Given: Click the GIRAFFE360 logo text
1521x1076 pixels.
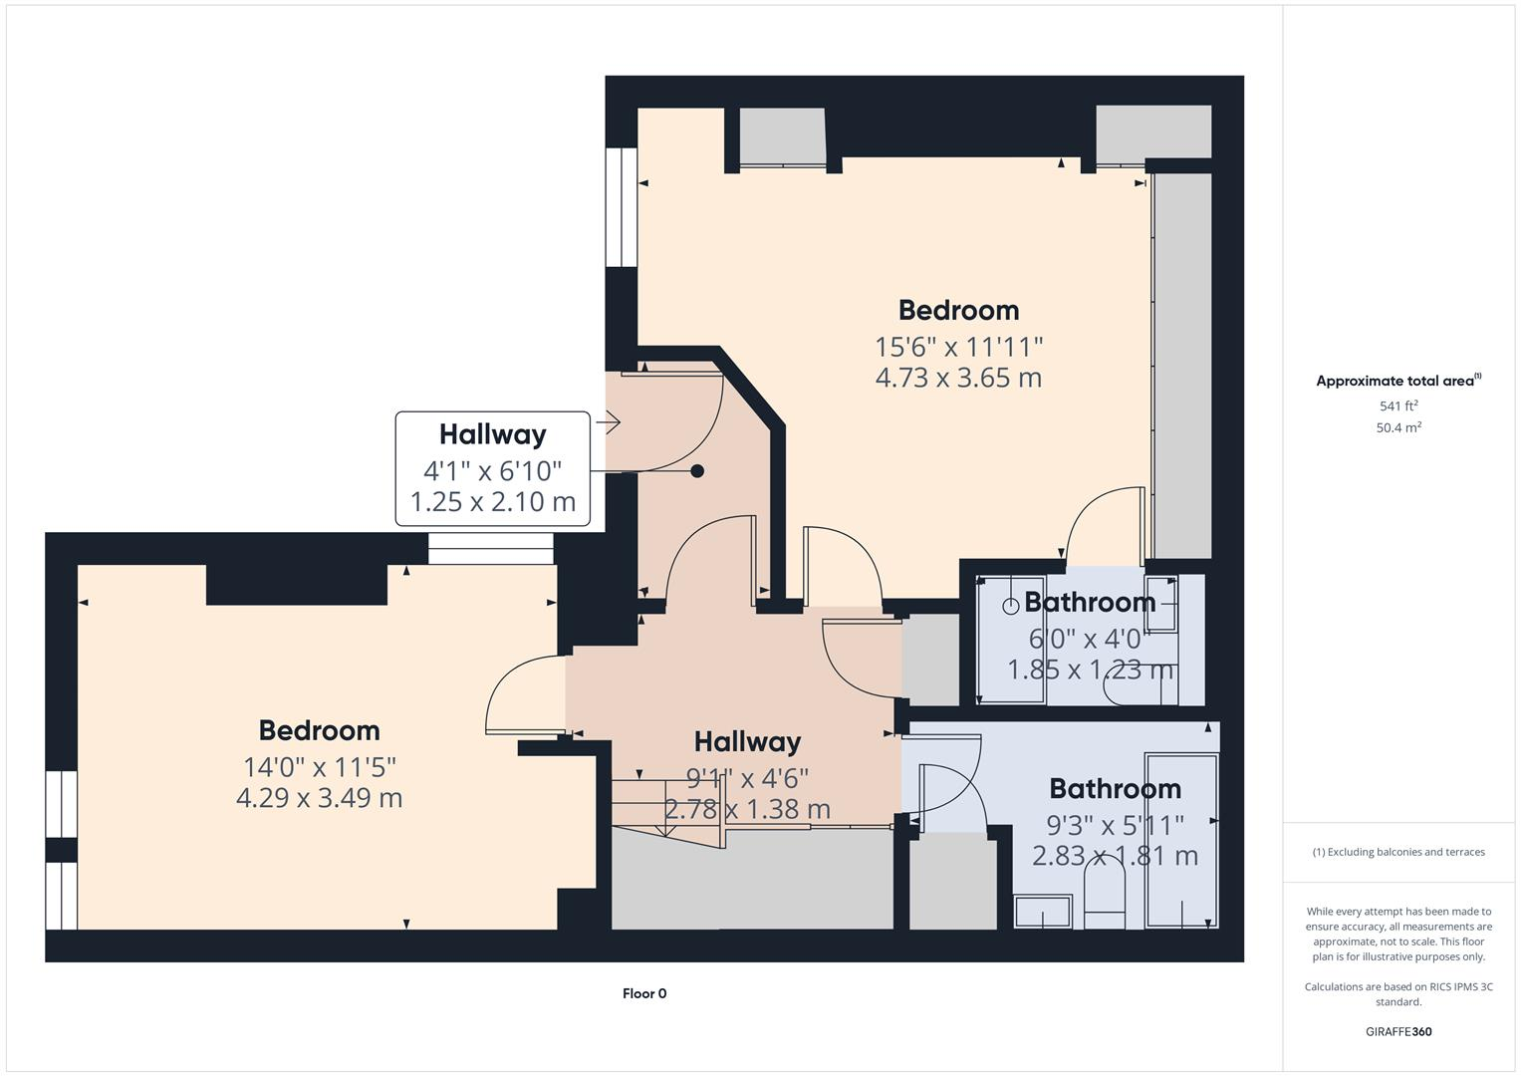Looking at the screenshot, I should tap(1398, 1031).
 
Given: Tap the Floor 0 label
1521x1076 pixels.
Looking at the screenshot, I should tap(644, 993).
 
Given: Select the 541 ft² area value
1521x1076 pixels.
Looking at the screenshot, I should tap(1398, 405).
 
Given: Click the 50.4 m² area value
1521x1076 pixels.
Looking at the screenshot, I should tap(1398, 427).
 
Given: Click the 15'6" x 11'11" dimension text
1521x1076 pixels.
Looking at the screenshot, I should tap(958, 347).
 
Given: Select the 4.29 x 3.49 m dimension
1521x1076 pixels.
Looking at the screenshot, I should tap(319, 798).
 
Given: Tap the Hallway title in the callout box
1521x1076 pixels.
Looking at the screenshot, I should tap(492, 434).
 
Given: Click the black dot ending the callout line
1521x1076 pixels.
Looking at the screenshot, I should tap(697, 471).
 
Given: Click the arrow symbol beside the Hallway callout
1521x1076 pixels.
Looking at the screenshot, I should tap(609, 422).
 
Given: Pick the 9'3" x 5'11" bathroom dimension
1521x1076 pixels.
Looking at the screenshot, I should tap(1115, 825).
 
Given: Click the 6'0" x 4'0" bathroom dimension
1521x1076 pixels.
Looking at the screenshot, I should tap(1090, 639).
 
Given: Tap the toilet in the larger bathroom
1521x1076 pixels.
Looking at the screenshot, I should tap(1104, 897).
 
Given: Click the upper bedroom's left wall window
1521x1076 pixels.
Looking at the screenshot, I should tap(622, 207).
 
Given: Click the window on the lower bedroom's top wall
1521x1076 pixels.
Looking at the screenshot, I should tap(490, 549).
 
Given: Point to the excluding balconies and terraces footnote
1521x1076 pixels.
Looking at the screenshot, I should tap(1398, 852).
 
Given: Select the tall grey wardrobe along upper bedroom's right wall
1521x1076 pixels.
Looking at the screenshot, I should tap(1182, 365).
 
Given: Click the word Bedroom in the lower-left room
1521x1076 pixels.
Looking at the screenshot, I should tap(319, 730).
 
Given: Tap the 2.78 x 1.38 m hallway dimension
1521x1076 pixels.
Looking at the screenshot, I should tap(747, 809).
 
